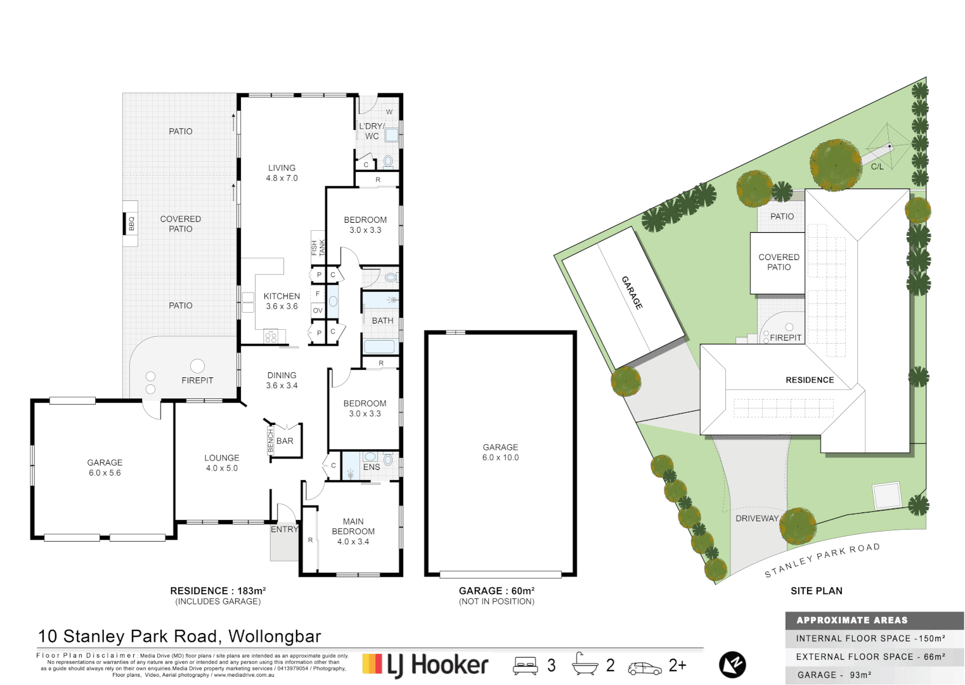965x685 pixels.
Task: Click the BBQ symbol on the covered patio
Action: [x=131, y=224]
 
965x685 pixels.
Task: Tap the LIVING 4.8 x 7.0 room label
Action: [x=282, y=173]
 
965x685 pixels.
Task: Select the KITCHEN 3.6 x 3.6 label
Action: [x=282, y=301]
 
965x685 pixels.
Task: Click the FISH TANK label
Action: [x=318, y=247]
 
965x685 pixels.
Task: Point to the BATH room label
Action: [x=382, y=321]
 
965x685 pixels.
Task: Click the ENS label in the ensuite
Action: [x=372, y=467]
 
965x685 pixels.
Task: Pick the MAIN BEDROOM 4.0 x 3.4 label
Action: [x=353, y=532]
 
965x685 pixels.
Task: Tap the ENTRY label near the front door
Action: [x=284, y=530]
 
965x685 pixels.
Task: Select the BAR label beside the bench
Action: [x=285, y=441]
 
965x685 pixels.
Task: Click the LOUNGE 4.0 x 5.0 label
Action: [x=221, y=463]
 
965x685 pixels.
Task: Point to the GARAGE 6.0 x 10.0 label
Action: [x=500, y=452]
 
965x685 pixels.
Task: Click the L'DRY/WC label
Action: [x=372, y=131]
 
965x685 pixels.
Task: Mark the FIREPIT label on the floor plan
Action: [x=197, y=381]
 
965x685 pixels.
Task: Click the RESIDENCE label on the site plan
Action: [x=810, y=380]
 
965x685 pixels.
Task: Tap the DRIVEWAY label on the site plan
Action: [x=756, y=518]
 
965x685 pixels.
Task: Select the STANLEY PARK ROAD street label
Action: [x=822, y=560]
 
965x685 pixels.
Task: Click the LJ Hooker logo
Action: [x=425, y=665]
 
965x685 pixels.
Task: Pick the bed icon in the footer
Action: [x=525, y=666]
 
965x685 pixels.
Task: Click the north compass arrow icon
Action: [x=732, y=665]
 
